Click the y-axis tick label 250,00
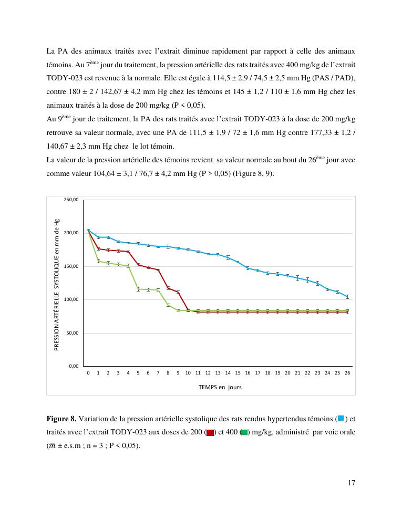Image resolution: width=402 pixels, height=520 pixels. point(71,200)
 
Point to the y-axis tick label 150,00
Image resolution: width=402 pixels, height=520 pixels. point(71,266)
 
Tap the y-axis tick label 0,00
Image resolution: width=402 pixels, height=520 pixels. point(73,366)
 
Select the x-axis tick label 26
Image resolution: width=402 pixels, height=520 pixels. point(347,372)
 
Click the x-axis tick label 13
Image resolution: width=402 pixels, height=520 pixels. point(218,372)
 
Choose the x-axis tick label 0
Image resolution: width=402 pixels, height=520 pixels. point(88,372)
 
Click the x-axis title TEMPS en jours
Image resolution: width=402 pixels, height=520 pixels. point(220,387)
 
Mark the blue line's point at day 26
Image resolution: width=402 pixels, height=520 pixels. point(347,297)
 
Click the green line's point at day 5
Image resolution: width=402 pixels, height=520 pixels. point(138,289)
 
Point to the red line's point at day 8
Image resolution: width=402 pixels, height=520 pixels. point(168,288)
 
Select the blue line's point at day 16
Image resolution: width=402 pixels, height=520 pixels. point(248,268)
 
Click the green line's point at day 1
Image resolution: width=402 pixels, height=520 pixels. point(98,261)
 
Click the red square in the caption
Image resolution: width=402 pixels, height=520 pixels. point(210,432)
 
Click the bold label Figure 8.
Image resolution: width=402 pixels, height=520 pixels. point(61,419)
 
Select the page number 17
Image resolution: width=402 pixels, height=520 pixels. point(351,483)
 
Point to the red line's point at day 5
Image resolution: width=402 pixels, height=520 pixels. point(138,265)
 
